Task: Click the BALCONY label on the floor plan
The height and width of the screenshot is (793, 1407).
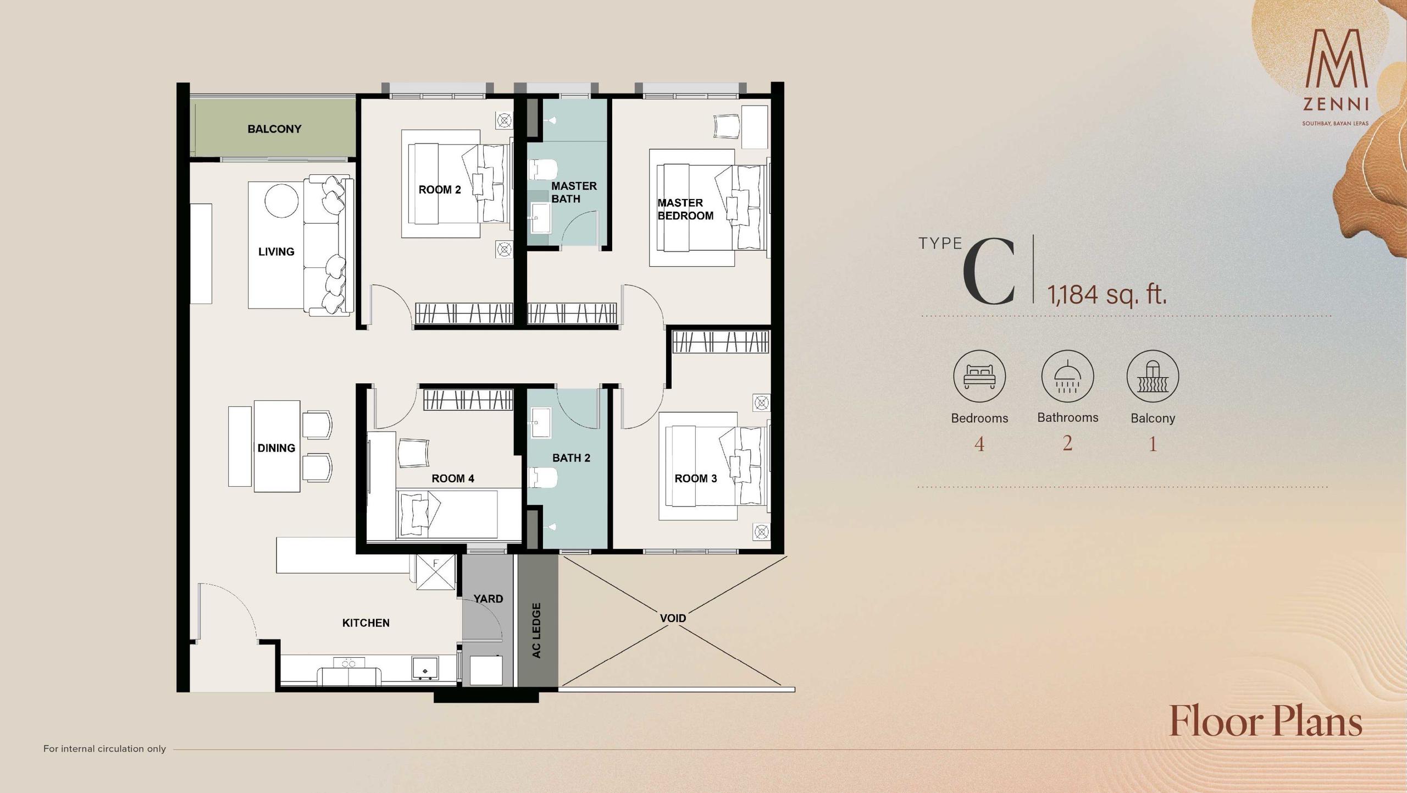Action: tap(274, 129)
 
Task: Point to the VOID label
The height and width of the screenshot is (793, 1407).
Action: tap(673, 618)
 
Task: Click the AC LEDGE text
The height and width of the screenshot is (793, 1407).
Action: tap(536, 630)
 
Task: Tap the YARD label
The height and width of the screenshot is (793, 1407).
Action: tap(488, 598)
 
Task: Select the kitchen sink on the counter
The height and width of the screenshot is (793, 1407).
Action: tap(425, 668)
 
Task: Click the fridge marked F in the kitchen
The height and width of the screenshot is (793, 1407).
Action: tap(436, 572)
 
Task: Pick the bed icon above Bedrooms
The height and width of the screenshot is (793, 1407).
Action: tap(979, 376)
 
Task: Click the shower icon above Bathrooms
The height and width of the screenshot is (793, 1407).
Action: tap(1067, 376)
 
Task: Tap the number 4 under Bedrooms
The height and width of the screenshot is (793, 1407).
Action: tap(979, 444)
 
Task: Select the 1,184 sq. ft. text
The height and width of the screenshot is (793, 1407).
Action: tap(1106, 294)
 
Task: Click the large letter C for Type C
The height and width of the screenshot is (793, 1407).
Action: tap(989, 272)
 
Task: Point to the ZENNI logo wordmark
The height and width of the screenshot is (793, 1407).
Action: tap(1336, 103)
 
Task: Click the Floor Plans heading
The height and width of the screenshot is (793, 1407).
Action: tap(1266, 721)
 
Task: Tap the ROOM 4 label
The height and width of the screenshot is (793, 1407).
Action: tap(453, 478)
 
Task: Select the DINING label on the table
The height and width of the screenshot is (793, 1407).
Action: tap(276, 448)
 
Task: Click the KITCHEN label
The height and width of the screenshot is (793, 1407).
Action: tap(366, 623)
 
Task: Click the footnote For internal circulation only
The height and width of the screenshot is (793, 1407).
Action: tap(104, 748)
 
